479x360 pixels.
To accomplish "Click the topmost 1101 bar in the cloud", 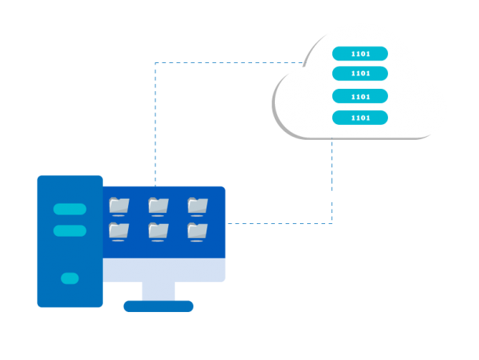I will (360, 53).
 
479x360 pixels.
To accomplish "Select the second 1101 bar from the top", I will (360, 73).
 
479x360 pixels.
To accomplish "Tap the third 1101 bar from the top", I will (360, 96).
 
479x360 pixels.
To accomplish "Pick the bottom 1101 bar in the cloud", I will (360, 117).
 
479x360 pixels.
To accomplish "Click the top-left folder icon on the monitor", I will (119, 206).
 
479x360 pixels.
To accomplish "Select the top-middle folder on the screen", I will (158, 206).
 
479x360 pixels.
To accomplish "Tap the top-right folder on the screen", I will (197, 206).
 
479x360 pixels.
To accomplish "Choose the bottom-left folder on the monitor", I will (119, 231).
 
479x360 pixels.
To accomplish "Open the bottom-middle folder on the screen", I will (158, 231).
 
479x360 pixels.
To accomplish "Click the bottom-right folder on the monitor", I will (197, 231).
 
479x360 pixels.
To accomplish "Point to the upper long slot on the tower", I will (70, 209).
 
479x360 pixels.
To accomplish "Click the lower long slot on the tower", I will (70, 230).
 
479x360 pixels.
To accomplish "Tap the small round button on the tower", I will (70, 278).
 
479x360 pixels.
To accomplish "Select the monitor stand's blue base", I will (159, 306).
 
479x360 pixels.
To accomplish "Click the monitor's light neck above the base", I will (159, 291).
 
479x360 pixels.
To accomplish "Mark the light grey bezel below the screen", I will (164, 270).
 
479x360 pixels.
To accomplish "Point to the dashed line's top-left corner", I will (155, 63).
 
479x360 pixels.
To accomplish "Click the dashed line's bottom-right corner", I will (332, 223).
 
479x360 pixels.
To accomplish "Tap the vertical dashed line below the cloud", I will (332, 181).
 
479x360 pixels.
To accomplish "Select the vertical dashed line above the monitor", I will (155, 126).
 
